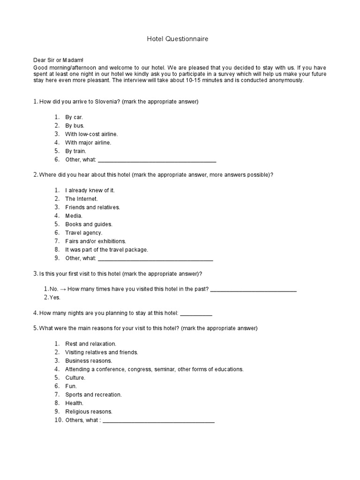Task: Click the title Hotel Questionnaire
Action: [x=178, y=39]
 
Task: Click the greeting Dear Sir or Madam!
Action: [x=58, y=60]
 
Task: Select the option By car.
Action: [x=74, y=117]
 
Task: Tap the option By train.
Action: [x=75, y=151]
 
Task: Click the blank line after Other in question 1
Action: [x=157, y=160]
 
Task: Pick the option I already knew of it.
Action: [x=90, y=190]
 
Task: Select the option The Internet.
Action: [x=81, y=199]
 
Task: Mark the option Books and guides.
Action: [x=89, y=224]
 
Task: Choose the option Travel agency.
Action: [x=83, y=232]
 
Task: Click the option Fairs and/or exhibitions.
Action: [x=96, y=241]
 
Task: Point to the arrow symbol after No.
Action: [x=63, y=289]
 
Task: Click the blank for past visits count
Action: [x=253, y=289]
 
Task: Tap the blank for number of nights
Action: [x=196, y=313]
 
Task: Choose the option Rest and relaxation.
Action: [x=90, y=344]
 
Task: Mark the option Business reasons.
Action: [x=89, y=360]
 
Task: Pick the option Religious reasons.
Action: [x=89, y=412]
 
